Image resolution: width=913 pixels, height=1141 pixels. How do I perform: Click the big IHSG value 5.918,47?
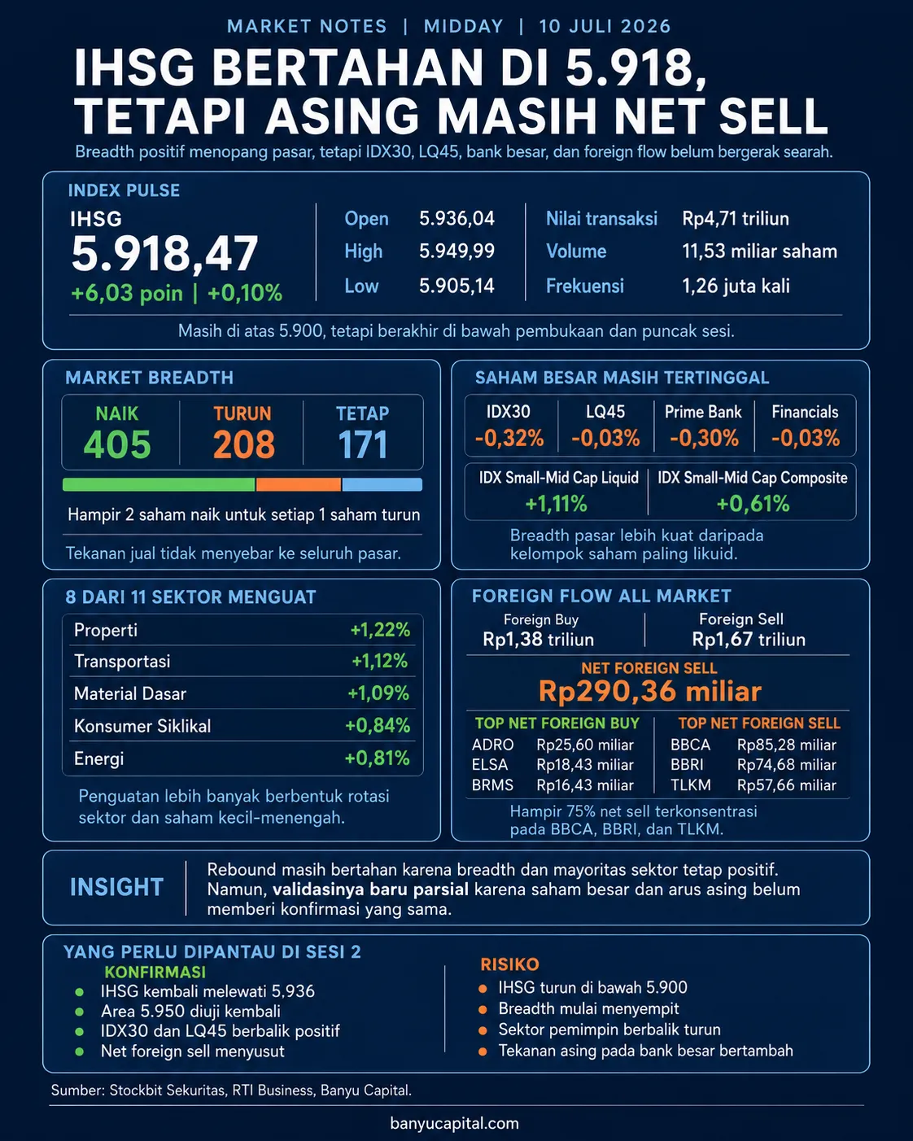164,254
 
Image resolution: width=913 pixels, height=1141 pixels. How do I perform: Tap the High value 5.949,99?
456,251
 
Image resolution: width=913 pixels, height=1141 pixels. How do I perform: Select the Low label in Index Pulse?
361,286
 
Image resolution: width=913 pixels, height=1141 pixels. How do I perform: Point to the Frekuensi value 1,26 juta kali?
736,286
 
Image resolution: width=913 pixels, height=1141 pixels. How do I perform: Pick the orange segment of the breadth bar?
299,484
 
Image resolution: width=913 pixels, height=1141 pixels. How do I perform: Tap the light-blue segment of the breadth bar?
382,484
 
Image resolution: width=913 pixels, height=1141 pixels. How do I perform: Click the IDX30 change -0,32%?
509,438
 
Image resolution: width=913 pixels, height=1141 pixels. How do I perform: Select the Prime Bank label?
703,412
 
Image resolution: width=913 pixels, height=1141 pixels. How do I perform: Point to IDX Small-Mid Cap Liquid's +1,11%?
556,503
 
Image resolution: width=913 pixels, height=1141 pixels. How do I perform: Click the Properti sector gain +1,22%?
380,630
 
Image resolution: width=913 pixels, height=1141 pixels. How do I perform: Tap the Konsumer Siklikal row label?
142,725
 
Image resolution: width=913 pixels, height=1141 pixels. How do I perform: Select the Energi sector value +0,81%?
377,758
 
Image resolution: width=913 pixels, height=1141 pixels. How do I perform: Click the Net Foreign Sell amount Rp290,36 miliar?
650,691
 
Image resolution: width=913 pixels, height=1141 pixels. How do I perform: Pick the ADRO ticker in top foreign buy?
492,745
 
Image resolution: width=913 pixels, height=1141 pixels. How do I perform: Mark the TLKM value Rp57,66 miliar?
786,785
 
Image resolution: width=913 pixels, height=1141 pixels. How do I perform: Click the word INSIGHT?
116,888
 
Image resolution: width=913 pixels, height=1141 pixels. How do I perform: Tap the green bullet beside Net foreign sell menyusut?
80,1052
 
